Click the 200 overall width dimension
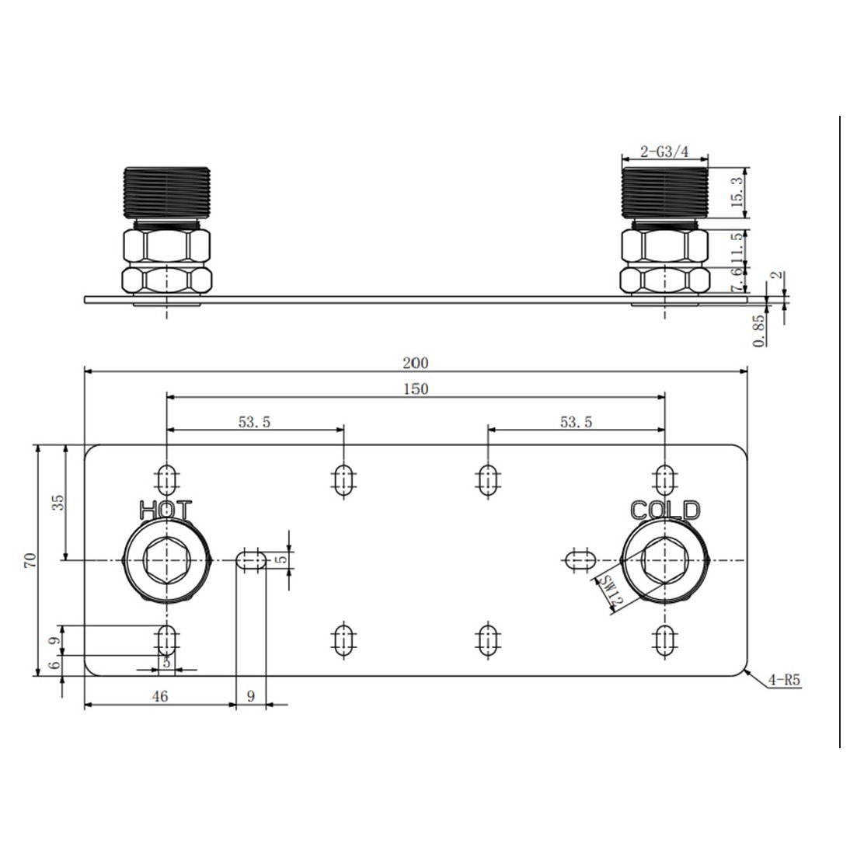pos(416,362)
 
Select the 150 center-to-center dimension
pos(416,389)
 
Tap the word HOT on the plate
pos(165,510)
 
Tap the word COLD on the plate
pos(665,510)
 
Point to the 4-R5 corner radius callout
pos(783,680)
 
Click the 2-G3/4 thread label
pos(664,152)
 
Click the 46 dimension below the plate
pos(159,697)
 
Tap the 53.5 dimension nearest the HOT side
pos(255,422)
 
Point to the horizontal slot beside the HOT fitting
pos(251,560)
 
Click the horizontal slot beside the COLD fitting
pos(580,559)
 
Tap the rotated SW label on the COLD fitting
pos(613,592)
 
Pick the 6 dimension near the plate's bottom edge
pos(52,665)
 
